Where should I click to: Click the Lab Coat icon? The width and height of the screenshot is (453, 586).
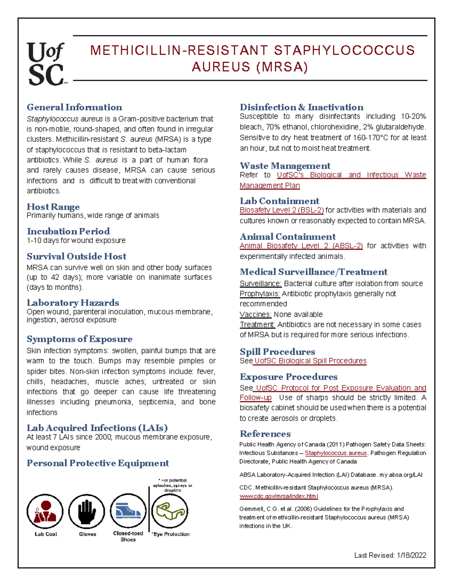(x=45, y=511)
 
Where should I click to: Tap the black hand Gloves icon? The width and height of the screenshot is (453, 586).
(x=87, y=511)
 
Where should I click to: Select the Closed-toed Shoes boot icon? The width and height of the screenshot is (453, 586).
(x=128, y=511)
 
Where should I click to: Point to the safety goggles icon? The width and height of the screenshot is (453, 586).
(x=170, y=511)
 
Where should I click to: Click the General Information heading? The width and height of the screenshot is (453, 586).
(x=74, y=107)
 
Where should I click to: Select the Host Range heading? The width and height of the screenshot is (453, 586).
(x=53, y=207)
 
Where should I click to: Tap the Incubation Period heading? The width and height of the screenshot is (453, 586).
(x=68, y=231)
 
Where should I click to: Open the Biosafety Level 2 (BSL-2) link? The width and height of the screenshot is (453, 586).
(x=282, y=210)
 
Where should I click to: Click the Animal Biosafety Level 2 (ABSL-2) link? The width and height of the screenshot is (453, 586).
(x=301, y=246)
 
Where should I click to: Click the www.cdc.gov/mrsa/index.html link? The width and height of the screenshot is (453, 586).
(x=279, y=496)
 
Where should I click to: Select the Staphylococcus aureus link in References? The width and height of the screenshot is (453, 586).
(x=336, y=453)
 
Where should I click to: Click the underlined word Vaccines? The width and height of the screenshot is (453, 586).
(x=256, y=314)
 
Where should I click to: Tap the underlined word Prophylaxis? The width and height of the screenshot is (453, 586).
(x=260, y=294)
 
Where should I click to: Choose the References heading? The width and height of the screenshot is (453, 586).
(x=265, y=434)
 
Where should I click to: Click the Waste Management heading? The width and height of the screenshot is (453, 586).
(x=285, y=166)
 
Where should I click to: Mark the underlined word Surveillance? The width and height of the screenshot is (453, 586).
(x=260, y=284)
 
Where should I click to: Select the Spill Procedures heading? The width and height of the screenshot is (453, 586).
(x=277, y=352)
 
